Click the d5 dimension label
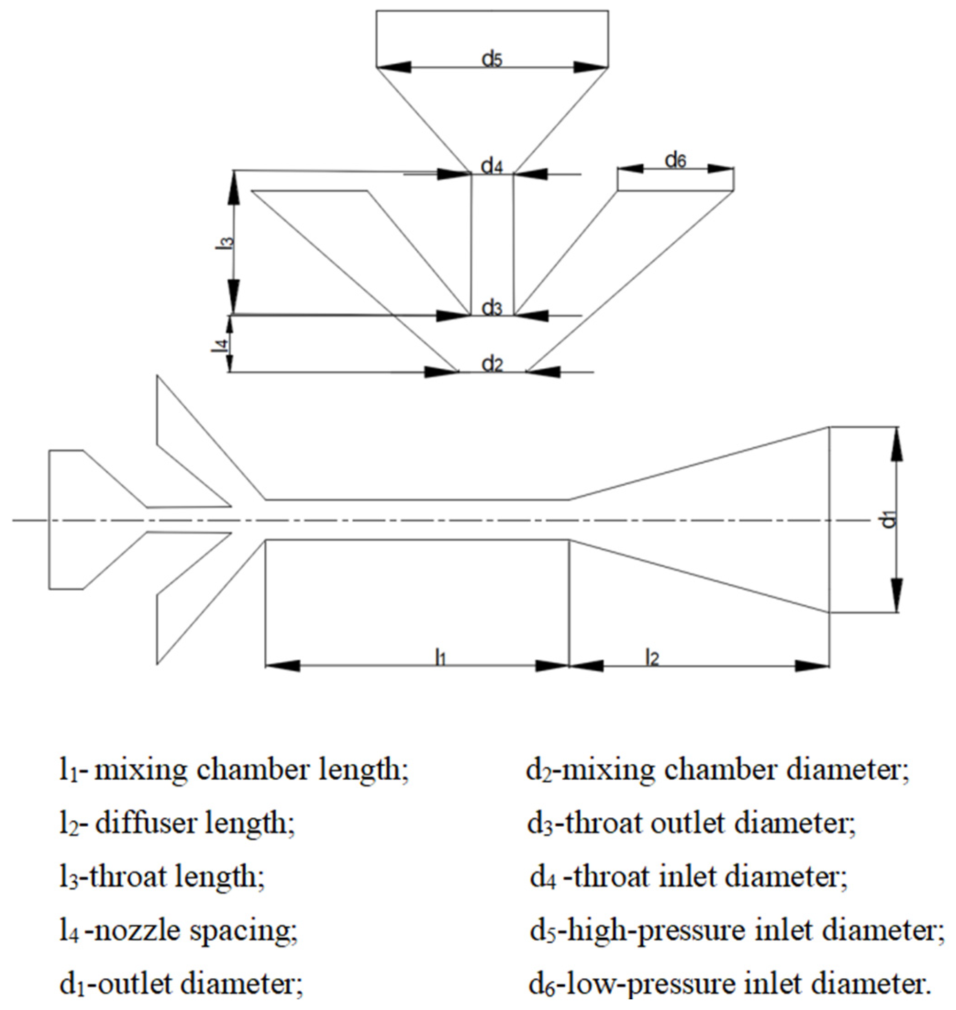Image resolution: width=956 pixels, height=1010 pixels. (x=492, y=60)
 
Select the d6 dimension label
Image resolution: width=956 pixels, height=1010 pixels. (x=676, y=161)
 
